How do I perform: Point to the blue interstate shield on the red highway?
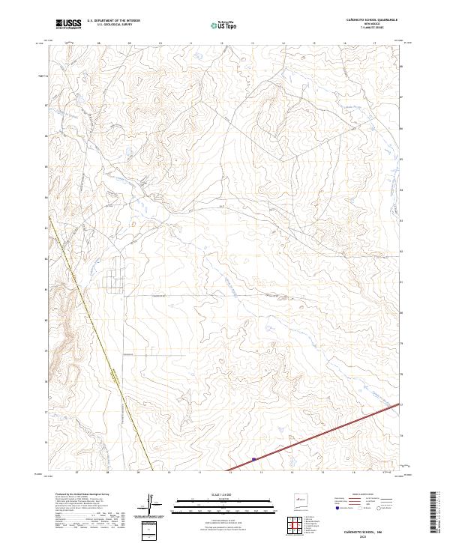point(254,459)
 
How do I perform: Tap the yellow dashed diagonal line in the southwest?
point(105,360)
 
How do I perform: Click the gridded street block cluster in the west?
point(117,278)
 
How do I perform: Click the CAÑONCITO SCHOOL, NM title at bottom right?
point(367,530)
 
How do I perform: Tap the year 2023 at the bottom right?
point(367,536)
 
